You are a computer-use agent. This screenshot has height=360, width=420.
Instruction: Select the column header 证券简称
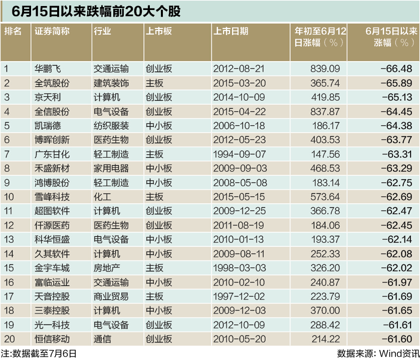pos(52,31)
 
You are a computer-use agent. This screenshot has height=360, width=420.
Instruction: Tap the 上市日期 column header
pos(231,31)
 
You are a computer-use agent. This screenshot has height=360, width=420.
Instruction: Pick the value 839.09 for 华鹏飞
pos(325,69)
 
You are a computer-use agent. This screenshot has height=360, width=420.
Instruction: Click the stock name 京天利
pos(48,97)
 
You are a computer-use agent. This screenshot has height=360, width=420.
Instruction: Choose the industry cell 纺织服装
pos(111,125)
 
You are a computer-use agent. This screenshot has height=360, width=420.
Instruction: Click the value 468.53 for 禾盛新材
pos(325,168)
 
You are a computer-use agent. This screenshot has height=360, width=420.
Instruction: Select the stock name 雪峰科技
pos(52,197)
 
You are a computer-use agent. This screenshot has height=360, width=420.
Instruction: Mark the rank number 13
pos(9,239)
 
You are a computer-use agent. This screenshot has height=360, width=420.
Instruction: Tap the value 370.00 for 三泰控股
pos(325,310)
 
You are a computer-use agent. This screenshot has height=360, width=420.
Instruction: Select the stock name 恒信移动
pos(52,339)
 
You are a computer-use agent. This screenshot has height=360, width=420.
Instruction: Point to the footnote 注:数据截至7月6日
pos(39,353)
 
